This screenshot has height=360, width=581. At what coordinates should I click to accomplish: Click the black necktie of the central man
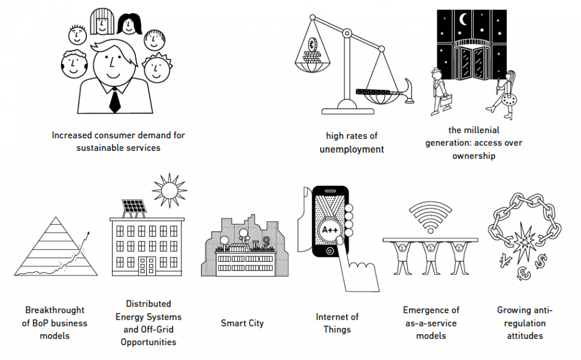click(x=114, y=101)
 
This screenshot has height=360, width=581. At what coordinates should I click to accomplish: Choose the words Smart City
click(x=242, y=323)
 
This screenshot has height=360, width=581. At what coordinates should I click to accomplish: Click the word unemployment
click(x=352, y=149)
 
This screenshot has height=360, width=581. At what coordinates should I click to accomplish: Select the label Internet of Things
click(x=337, y=323)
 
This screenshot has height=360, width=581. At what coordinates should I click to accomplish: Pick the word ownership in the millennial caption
click(x=474, y=156)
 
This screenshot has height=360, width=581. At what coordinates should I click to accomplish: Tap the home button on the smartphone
click(x=330, y=252)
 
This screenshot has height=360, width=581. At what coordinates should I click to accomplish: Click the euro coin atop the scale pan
click(x=311, y=45)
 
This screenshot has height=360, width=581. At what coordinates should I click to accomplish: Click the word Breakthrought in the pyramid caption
click(x=55, y=310)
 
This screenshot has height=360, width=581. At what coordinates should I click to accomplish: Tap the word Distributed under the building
click(x=149, y=304)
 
